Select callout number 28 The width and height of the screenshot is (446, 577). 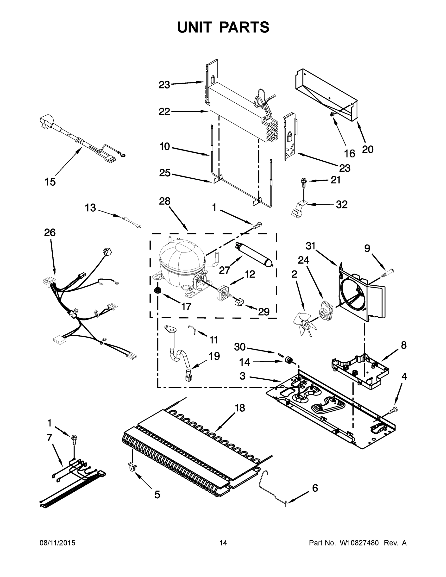click(x=165, y=201)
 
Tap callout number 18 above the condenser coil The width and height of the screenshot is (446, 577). click(x=240, y=408)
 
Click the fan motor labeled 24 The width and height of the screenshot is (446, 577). click(x=326, y=309)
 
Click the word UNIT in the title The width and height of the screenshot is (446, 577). click(x=195, y=27)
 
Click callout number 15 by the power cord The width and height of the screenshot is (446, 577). click(x=50, y=182)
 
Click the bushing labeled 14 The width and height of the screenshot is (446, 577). click(x=289, y=360)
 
